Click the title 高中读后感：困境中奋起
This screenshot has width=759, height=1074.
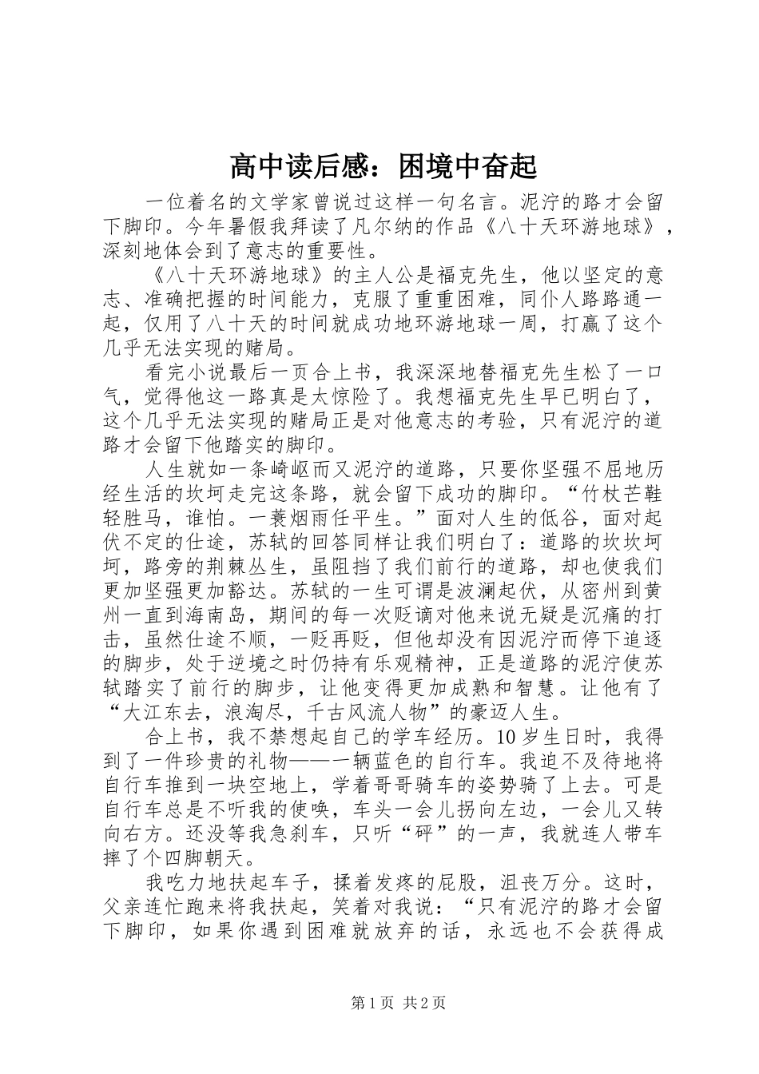click(x=383, y=167)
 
